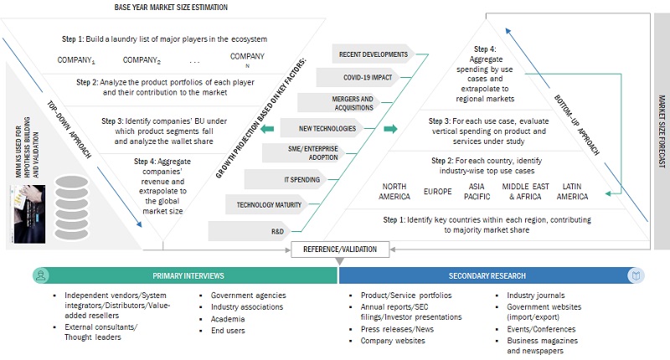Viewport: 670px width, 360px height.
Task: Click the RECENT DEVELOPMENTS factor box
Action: (372, 55)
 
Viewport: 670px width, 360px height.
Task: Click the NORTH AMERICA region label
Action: (396, 192)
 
